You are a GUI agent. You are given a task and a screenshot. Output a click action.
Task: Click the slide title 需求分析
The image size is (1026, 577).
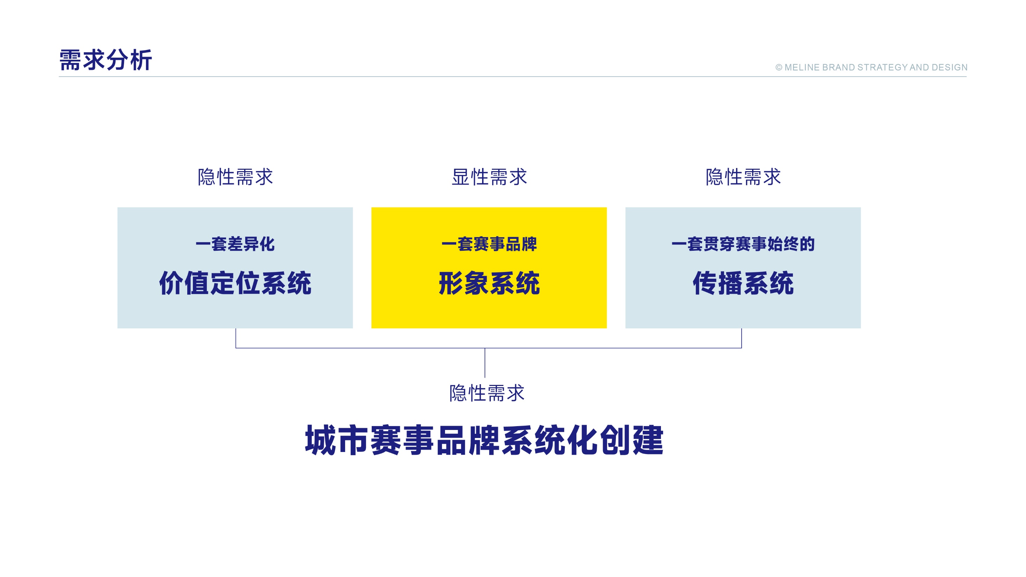pyautogui.click(x=105, y=60)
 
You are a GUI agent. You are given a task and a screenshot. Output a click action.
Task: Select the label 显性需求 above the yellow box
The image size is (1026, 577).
pyautogui.click(x=489, y=177)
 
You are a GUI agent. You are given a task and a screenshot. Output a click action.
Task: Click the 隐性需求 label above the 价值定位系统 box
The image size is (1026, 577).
pyautogui.click(x=235, y=177)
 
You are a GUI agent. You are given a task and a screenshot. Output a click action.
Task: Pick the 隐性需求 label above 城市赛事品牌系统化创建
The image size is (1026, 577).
pyautogui.click(x=487, y=393)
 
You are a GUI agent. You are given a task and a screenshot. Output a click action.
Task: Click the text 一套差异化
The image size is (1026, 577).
pyautogui.click(x=235, y=244)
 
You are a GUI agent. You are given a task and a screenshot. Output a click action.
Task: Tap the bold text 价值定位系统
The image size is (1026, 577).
pyautogui.click(x=235, y=283)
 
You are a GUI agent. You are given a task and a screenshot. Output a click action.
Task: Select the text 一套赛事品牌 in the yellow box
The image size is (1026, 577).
pyautogui.click(x=489, y=244)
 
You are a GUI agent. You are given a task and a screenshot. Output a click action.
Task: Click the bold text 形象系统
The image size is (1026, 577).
pyautogui.click(x=489, y=283)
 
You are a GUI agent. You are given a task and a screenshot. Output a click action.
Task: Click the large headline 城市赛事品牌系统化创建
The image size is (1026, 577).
pyautogui.click(x=484, y=440)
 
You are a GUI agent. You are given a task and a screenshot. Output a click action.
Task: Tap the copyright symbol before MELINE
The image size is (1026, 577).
pyautogui.click(x=779, y=68)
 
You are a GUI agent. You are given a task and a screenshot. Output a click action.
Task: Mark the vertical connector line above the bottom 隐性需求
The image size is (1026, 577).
pyautogui.click(x=485, y=363)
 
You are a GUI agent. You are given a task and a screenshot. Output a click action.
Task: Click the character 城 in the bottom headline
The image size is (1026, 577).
pyautogui.click(x=320, y=440)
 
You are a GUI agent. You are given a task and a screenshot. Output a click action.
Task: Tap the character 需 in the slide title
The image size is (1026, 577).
pyautogui.click(x=71, y=60)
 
